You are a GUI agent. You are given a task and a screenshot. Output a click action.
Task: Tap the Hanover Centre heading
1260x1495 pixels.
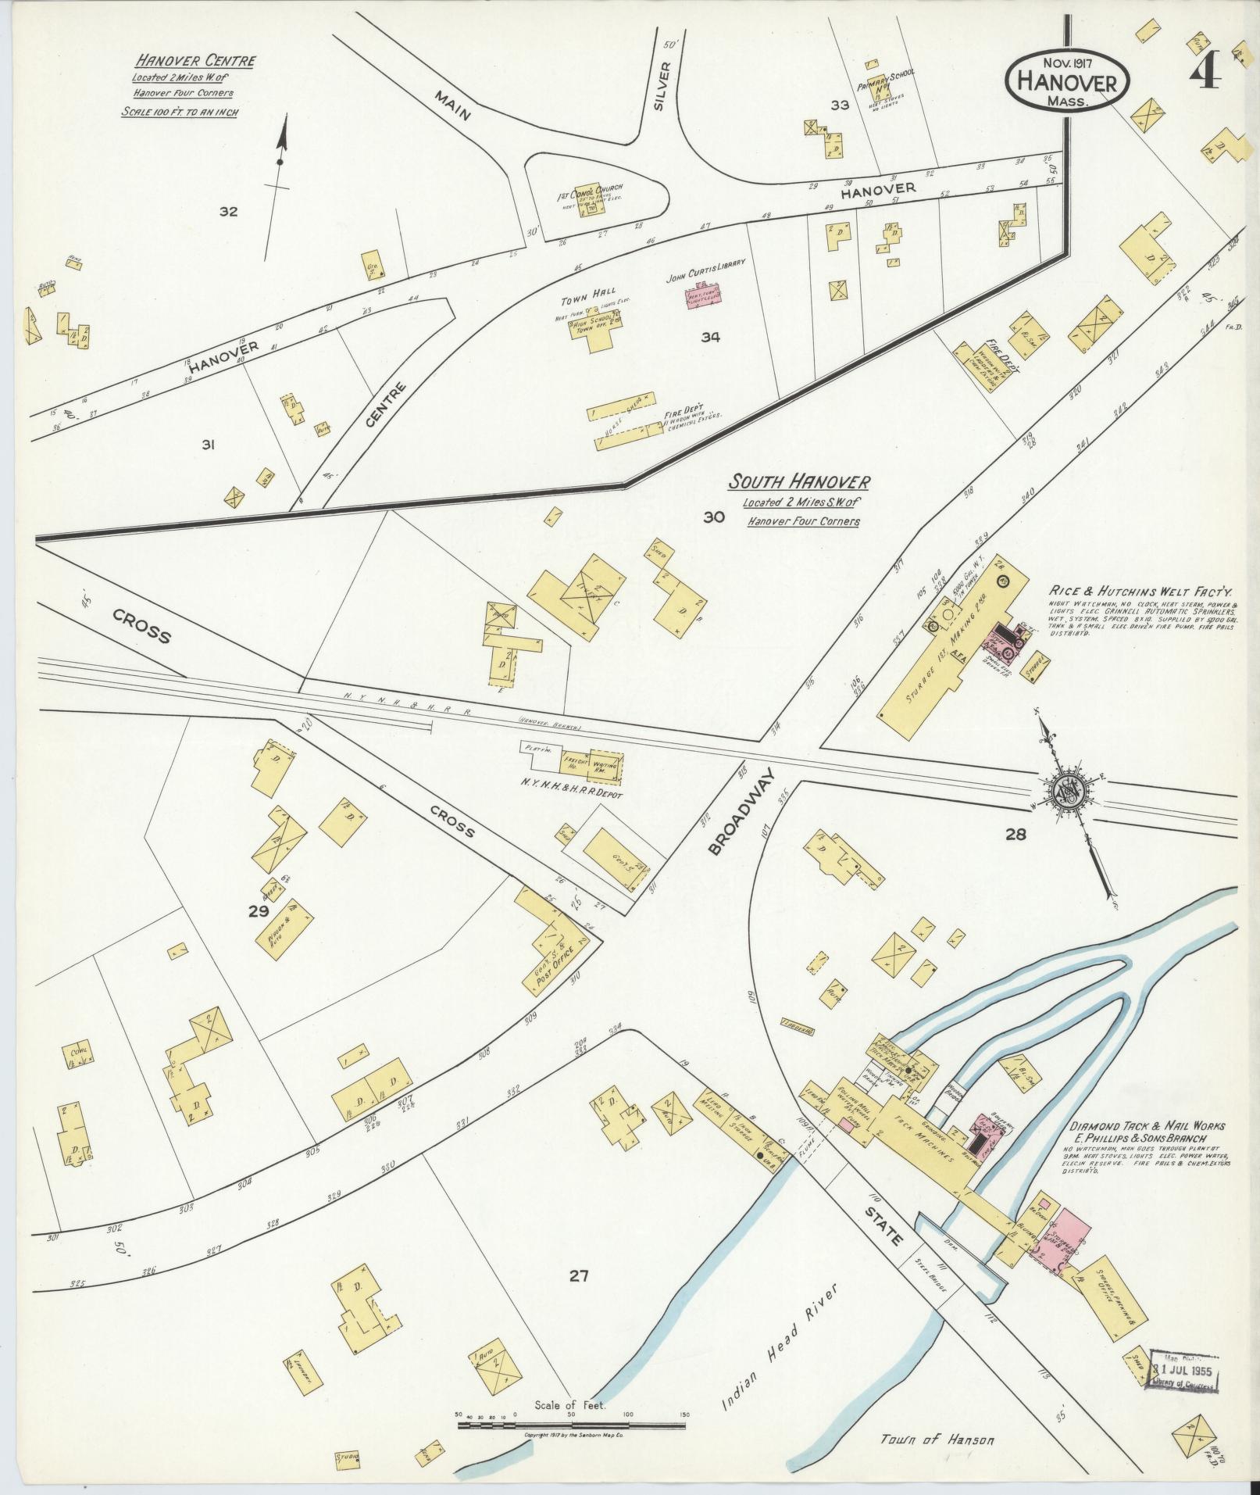pos(195,61)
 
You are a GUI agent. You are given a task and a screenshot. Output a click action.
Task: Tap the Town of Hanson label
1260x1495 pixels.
pos(937,1439)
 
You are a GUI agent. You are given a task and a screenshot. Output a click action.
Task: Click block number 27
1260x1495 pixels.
pos(578,1276)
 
